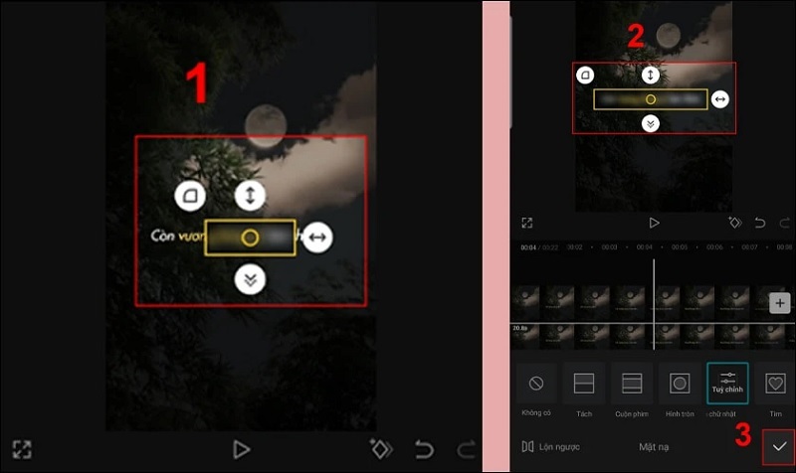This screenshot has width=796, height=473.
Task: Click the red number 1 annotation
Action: click(x=199, y=83)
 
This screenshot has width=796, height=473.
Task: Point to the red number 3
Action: click(x=743, y=434)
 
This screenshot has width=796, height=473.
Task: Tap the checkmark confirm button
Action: click(x=778, y=447)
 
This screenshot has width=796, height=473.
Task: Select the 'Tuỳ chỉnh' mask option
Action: click(x=727, y=383)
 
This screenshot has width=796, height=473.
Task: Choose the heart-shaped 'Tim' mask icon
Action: click(x=775, y=383)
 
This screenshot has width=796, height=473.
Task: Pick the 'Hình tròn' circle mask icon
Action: click(x=680, y=383)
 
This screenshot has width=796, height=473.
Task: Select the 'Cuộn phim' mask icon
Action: click(x=632, y=383)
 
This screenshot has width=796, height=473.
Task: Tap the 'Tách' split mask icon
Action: click(x=584, y=383)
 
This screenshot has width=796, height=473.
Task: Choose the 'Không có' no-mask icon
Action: click(x=536, y=383)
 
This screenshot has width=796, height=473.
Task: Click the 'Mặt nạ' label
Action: click(x=655, y=447)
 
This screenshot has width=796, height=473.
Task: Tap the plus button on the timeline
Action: click(x=779, y=303)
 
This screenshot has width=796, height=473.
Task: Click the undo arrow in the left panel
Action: click(x=424, y=449)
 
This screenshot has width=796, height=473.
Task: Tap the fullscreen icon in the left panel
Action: click(x=22, y=449)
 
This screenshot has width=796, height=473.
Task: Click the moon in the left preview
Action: click(x=265, y=124)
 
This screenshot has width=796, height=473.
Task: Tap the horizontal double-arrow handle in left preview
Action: click(x=317, y=237)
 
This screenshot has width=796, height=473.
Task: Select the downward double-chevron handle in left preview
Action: click(x=250, y=280)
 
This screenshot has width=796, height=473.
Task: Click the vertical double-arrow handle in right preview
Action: click(x=650, y=75)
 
